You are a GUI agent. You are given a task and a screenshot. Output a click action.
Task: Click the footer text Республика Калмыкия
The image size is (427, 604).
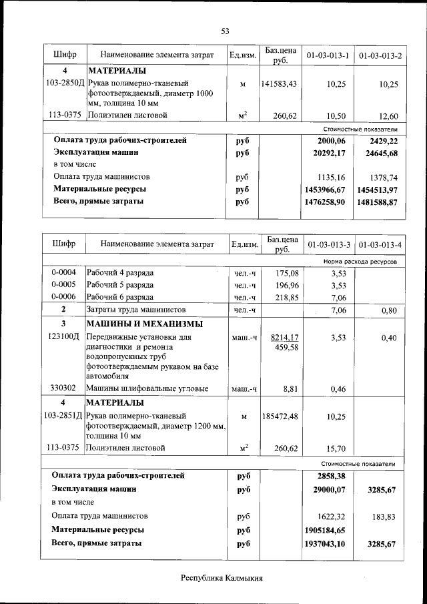(223, 578)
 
